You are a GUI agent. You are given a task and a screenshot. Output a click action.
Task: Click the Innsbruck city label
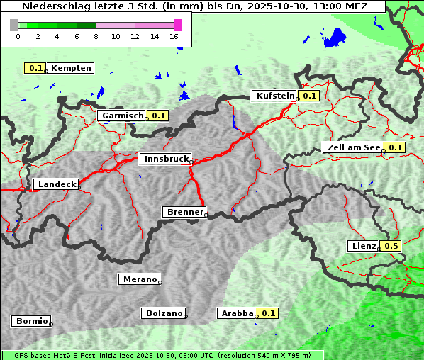tap(164, 159)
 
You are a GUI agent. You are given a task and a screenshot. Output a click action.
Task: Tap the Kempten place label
tap(71, 68)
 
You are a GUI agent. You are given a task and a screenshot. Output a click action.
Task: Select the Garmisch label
tap(123, 115)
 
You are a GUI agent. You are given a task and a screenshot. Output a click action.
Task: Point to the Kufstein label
tap(274, 96)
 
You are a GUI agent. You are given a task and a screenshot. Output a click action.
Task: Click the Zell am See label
tap(352, 147)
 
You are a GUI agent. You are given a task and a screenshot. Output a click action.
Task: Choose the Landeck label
tap(56, 184)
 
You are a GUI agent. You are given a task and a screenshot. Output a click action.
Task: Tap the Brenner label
tap(184, 212)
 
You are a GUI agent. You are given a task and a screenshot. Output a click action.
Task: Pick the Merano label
tap(139, 279)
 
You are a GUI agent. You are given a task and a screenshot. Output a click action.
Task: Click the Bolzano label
tap(164, 313)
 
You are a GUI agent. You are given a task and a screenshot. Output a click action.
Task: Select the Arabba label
tap(236, 313)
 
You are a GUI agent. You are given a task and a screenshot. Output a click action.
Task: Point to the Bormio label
tap(31, 321)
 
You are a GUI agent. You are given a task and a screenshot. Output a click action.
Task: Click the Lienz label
tap(363, 246)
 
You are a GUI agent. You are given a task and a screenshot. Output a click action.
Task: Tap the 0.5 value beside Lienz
tap(391, 246)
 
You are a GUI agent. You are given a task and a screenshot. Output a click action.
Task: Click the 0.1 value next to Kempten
tap(36, 68)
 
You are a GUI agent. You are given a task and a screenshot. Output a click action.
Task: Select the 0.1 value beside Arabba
tap(268, 313)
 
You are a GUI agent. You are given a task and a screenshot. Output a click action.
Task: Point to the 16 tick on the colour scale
tap(174, 36)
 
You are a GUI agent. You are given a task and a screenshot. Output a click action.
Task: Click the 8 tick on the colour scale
tap(96, 36)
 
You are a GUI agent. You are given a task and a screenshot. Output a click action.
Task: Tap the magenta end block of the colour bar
tap(177, 25)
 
